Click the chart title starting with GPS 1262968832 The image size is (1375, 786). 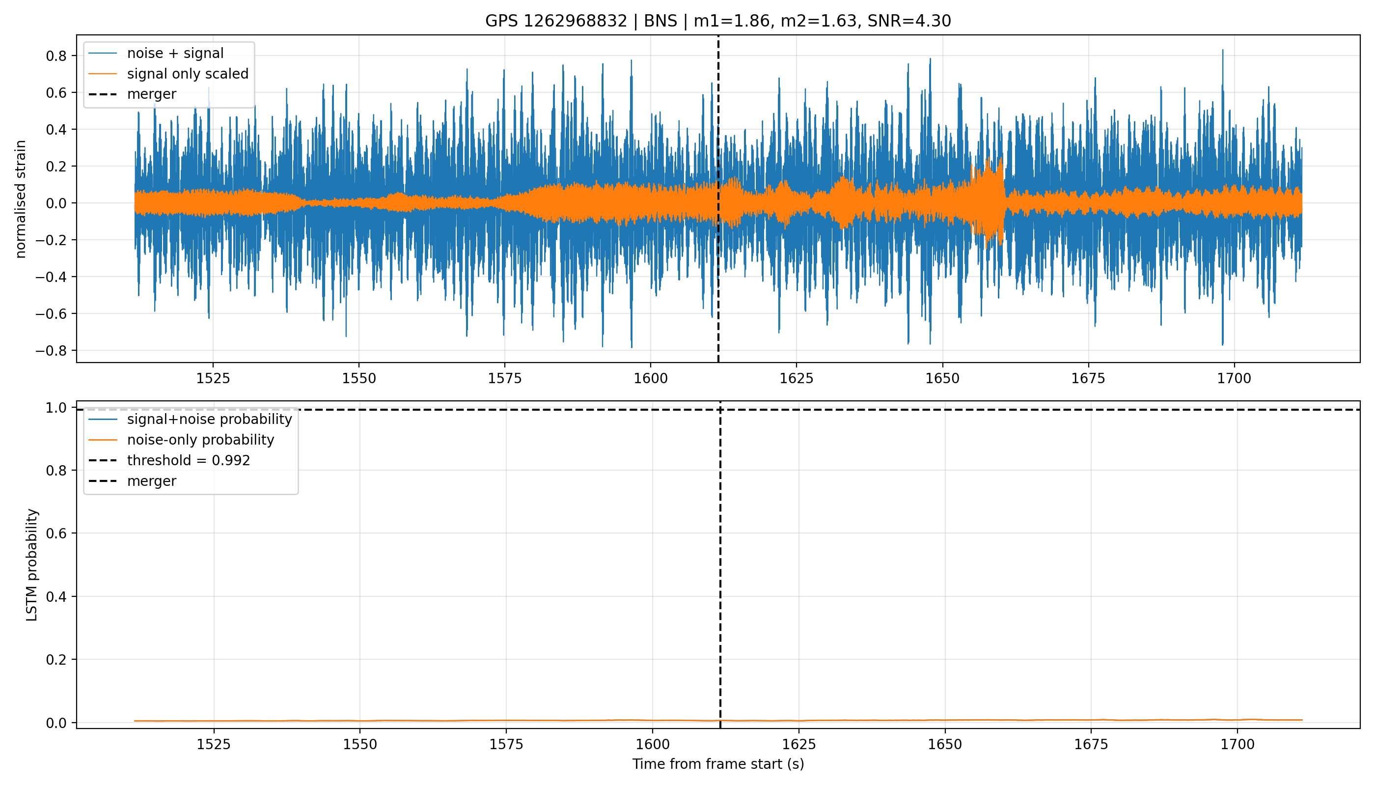click(718, 21)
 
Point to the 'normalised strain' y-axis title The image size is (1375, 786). click(21, 198)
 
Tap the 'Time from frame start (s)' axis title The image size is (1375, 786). click(718, 764)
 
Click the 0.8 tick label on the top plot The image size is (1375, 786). click(55, 56)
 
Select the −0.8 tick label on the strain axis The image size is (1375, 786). click(51, 351)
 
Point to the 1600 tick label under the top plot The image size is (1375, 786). click(650, 378)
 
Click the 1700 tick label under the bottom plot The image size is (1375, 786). click(1237, 744)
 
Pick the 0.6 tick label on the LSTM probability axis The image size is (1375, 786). click(55, 533)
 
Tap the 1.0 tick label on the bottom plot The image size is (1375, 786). click(55, 408)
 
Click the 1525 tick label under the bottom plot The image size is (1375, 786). click(214, 744)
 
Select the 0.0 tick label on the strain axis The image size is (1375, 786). click(55, 203)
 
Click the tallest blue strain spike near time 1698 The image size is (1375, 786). click(1222, 50)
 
